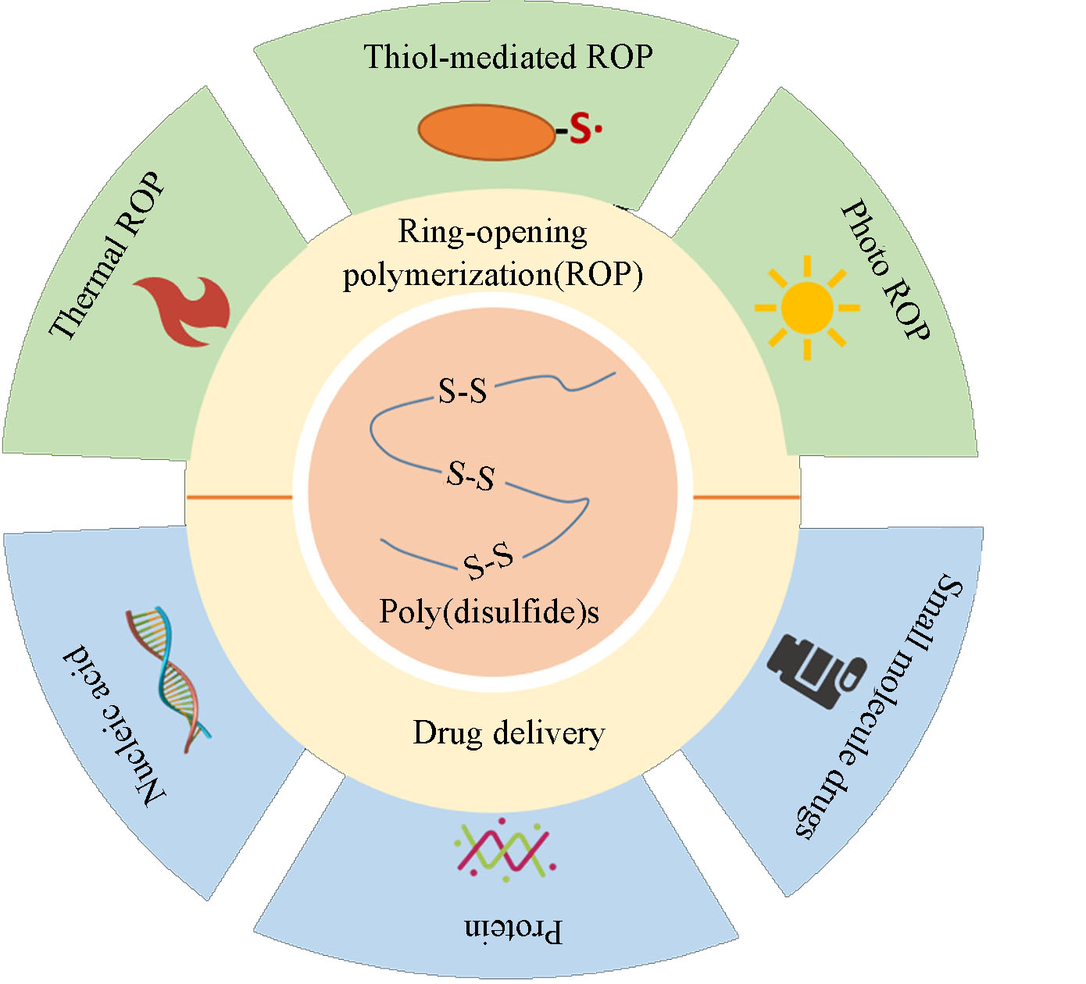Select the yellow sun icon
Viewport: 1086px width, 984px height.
806,307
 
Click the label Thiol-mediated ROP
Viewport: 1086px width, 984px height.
508,57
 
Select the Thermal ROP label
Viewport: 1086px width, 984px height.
107,255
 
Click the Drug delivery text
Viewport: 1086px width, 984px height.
509,733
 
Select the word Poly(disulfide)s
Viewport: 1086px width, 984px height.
489,611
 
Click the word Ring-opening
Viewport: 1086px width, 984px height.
492,232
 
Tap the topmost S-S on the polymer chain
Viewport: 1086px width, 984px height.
463,390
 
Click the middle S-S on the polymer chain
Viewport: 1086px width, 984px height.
471,475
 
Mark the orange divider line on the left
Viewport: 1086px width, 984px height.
239,497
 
